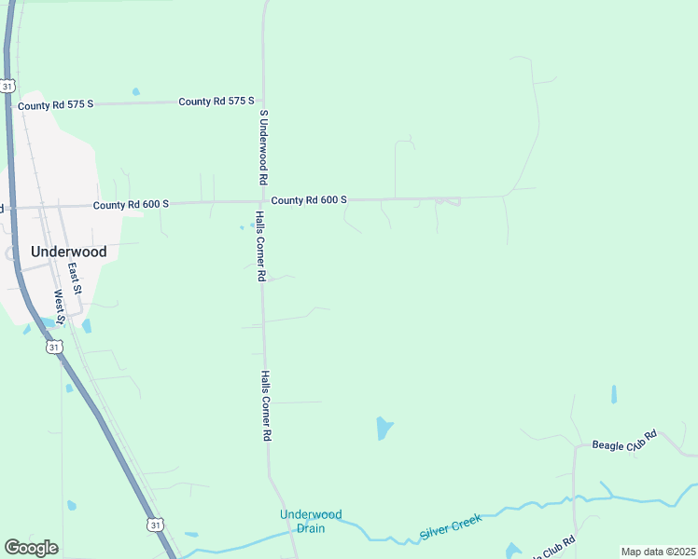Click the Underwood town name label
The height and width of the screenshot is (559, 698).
coord(68,252)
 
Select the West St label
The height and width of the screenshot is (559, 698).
coord(58,306)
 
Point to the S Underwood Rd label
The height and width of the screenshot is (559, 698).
coord(264,147)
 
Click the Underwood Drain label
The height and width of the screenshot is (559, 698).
coord(312,521)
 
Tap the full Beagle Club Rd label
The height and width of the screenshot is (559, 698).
coord(626,441)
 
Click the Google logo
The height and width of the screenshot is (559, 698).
coord(31,548)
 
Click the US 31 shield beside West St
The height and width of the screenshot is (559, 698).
coord(55,346)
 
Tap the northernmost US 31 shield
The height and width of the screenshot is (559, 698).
coord(7,86)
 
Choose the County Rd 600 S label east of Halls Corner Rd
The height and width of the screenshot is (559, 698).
coord(309,200)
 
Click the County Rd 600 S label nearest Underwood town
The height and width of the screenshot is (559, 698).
coord(131,204)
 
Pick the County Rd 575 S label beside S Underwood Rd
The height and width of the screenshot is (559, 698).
coord(216,101)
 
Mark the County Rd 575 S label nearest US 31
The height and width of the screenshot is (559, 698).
coord(56,105)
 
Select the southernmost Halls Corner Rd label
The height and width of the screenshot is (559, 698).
coord(266,405)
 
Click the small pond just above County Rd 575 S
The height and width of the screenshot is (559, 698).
coord(136,91)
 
